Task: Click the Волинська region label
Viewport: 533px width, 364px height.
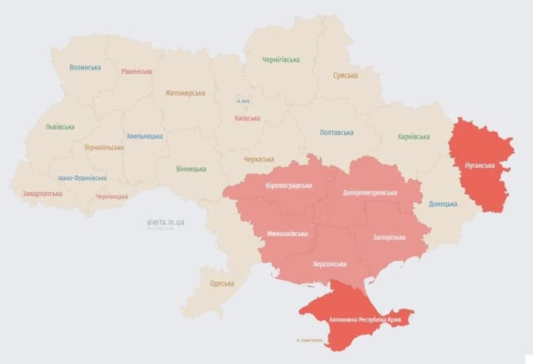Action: (85, 67)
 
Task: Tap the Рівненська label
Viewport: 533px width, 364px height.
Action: (136, 72)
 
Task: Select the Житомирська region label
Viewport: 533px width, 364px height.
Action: (184, 93)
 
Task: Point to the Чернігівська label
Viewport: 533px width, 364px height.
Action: (281, 59)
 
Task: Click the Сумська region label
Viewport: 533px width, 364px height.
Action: (345, 76)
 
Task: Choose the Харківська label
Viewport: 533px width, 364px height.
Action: (413, 136)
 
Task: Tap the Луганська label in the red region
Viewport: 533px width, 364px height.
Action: (479, 165)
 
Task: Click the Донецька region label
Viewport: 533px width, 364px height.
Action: (443, 203)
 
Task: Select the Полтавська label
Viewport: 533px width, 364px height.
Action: (336, 133)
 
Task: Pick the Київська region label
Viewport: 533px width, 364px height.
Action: (247, 118)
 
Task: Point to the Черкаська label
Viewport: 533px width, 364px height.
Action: (258, 159)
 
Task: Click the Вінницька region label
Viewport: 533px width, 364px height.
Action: (191, 169)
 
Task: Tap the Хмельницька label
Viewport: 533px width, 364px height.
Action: (144, 136)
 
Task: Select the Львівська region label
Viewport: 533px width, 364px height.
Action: (59, 127)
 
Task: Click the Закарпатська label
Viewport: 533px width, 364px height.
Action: (42, 193)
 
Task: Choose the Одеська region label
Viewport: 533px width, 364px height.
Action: (221, 283)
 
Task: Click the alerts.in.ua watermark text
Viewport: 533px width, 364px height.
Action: (165, 222)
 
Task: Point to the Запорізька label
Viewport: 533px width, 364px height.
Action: (389, 237)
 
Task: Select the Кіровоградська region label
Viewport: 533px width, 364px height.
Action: (289, 185)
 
